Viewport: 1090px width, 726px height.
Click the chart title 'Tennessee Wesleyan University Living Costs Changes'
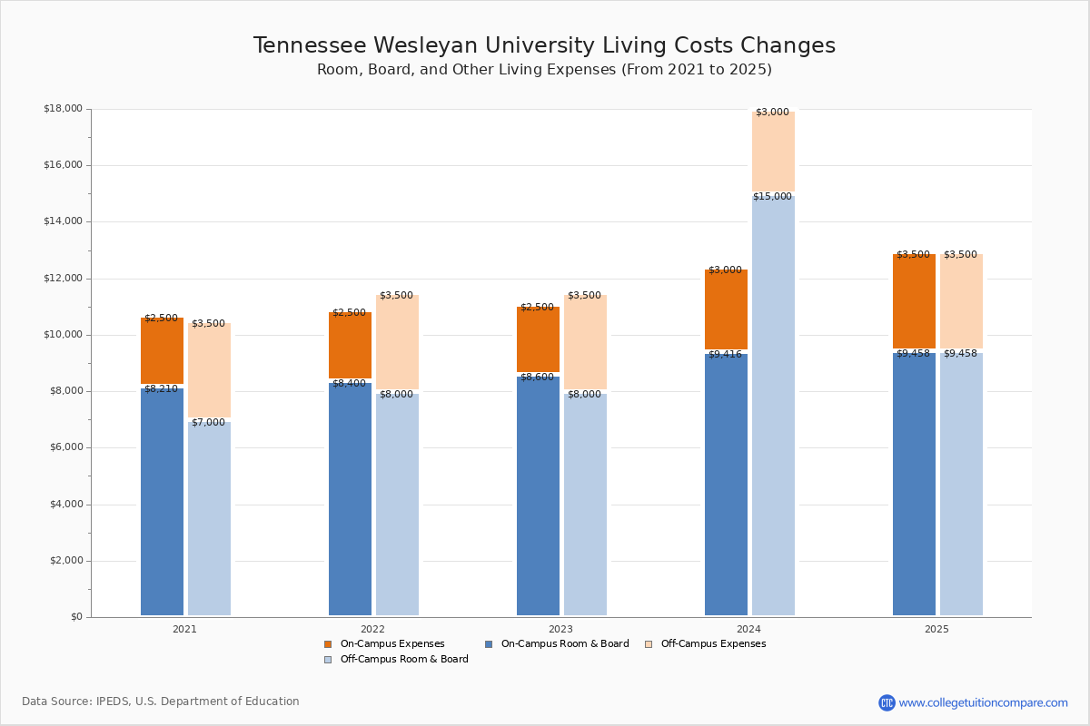[544, 45]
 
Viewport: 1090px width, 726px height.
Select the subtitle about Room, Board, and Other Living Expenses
[544, 70]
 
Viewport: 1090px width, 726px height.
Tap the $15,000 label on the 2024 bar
[772, 196]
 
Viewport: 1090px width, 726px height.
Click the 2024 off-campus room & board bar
[773, 408]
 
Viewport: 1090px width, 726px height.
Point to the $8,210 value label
[161, 388]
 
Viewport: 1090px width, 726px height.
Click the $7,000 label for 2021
[208, 422]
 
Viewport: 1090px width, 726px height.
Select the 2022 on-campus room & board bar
[350, 499]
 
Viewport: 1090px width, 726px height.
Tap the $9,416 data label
[725, 354]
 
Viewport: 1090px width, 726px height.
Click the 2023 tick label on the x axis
[560, 629]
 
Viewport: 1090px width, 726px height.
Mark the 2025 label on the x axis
[936, 629]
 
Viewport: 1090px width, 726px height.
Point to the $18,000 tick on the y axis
[63, 109]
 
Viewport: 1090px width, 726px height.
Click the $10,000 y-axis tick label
[63, 335]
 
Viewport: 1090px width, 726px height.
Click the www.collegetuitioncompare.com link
[983, 702]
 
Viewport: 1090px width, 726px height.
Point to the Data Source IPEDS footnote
[161, 701]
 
